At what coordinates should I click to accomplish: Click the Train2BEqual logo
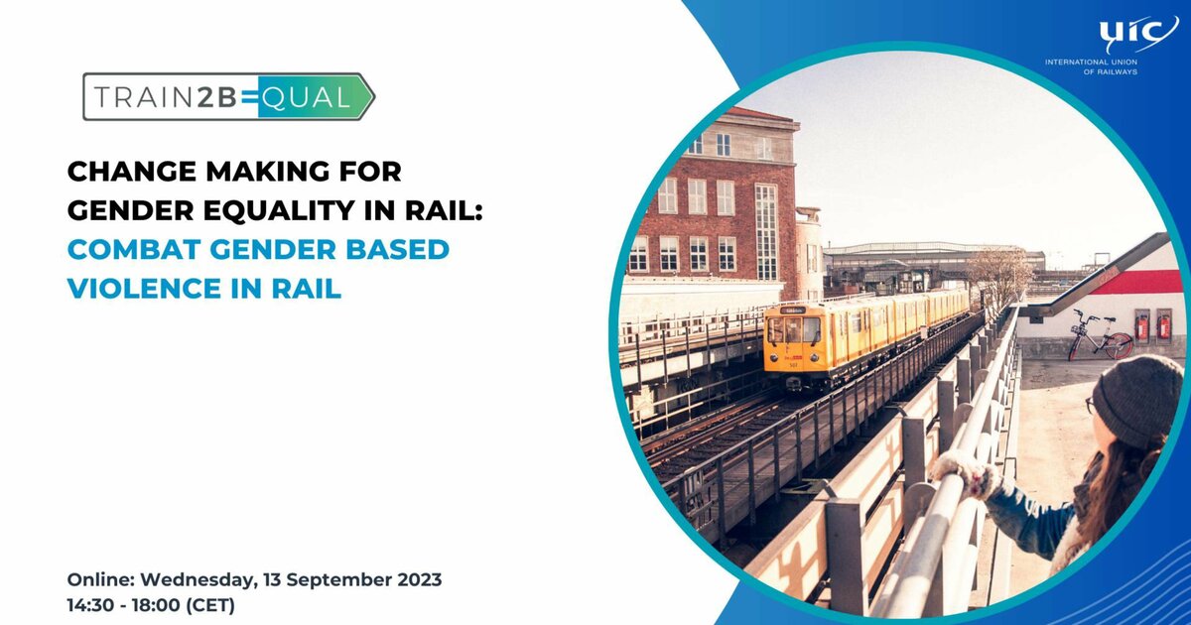pyautogui.click(x=228, y=96)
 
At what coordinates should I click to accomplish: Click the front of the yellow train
pyautogui.click(x=793, y=339)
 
